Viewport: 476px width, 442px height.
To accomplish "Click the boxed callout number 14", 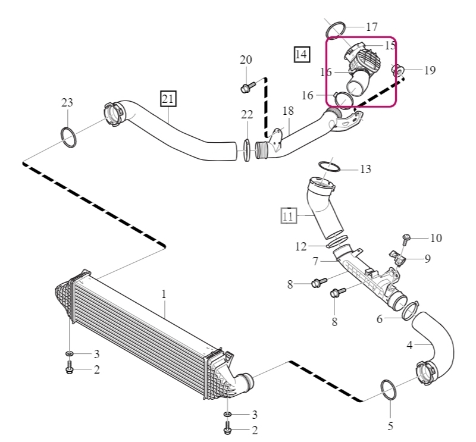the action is click(302, 55).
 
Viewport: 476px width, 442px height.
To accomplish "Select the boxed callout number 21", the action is click(168, 99).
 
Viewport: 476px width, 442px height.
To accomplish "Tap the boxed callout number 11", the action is click(289, 216).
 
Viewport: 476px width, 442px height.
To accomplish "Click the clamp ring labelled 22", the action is click(247, 150).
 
